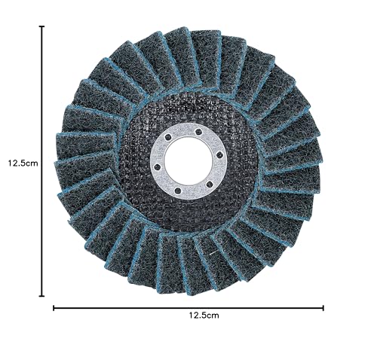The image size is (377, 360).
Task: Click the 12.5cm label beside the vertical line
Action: click(23, 163)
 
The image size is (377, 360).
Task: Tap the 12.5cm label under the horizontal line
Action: click(204, 315)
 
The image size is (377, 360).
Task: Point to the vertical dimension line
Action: click(42, 161)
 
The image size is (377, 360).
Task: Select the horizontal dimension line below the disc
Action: click(188, 308)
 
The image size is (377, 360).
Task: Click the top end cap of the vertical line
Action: click(42, 26)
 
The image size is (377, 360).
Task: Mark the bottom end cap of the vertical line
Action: click(42, 296)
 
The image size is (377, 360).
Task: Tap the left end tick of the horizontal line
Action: click(54, 308)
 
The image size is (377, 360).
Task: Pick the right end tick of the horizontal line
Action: click(323, 308)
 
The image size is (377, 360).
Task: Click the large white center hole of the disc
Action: click(188, 160)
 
